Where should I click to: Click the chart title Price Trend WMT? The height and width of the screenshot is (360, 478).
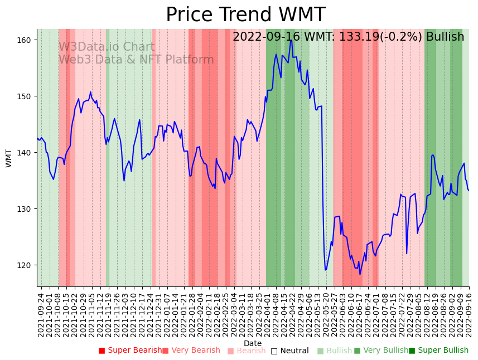coord(245,15)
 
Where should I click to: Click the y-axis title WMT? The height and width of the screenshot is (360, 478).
coord(9,158)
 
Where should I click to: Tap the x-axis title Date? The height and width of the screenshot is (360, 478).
coord(253,343)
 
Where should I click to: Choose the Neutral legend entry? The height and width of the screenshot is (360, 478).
coord(289,351)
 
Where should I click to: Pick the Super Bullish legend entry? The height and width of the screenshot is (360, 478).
coord(439,351)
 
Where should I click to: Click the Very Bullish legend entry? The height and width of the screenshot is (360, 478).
coord(381,351)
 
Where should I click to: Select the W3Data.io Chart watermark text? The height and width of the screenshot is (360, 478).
coord(107,47)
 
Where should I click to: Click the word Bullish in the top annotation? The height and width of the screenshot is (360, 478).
coord(445,37)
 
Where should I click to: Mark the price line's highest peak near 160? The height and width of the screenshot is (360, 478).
coord(291,40)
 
